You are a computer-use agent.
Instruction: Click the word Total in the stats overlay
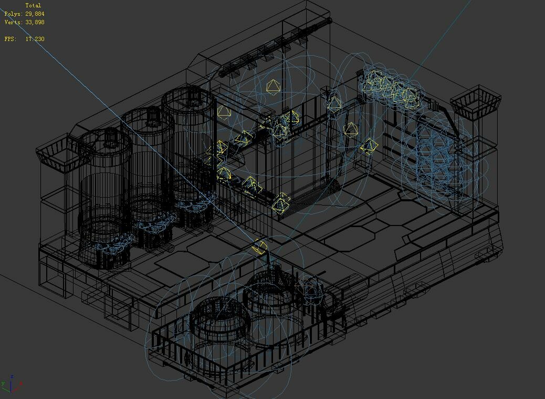click(33, 5)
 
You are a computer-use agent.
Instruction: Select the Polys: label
click(14, 14)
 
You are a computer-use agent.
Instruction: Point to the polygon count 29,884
click(35, 14)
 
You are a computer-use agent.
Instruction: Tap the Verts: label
click(14, 22)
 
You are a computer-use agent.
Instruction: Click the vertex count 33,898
click(35, 22)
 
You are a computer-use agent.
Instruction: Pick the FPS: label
click(11, 39)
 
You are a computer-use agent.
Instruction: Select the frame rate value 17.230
click(35, 39)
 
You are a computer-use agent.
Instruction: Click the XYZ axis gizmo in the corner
click(12, 385)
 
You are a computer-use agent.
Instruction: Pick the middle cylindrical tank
click(148, 173)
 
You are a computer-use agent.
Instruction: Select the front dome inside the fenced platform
click(217, 318)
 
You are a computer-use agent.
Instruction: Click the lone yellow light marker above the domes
click(259, 246)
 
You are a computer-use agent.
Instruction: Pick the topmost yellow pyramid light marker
click(273, 86)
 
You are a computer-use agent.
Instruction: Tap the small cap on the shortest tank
click(111, 138)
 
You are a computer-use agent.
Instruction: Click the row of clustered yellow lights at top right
click(391, 87)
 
